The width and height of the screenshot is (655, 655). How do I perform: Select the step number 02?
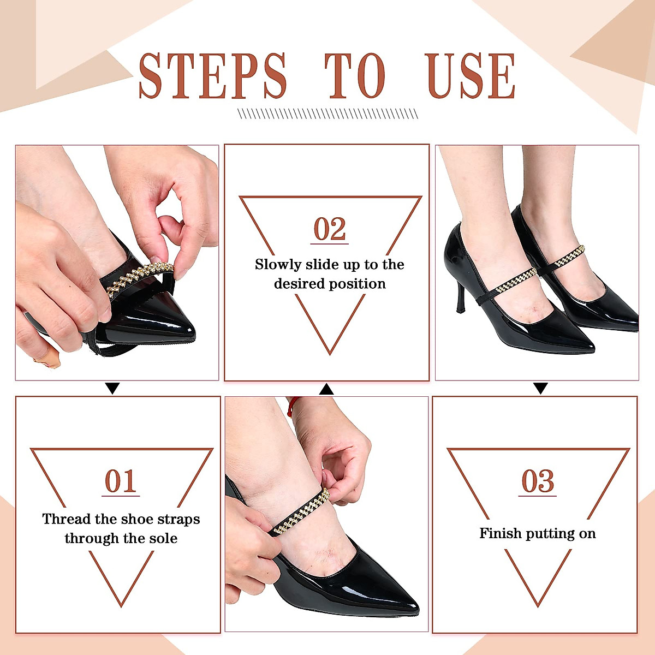[330, 229]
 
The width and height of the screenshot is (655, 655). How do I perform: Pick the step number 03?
[538, 481]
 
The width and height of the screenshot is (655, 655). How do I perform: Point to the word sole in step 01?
[164, 539]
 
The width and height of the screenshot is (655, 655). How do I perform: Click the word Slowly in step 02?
[278, 265]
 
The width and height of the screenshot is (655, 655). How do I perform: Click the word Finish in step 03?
[499, 534]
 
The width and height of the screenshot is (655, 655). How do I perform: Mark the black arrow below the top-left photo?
[112, 389]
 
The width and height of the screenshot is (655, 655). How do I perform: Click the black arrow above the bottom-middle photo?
[326, 389]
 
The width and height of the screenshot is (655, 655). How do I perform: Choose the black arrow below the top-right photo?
[540, 389]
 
